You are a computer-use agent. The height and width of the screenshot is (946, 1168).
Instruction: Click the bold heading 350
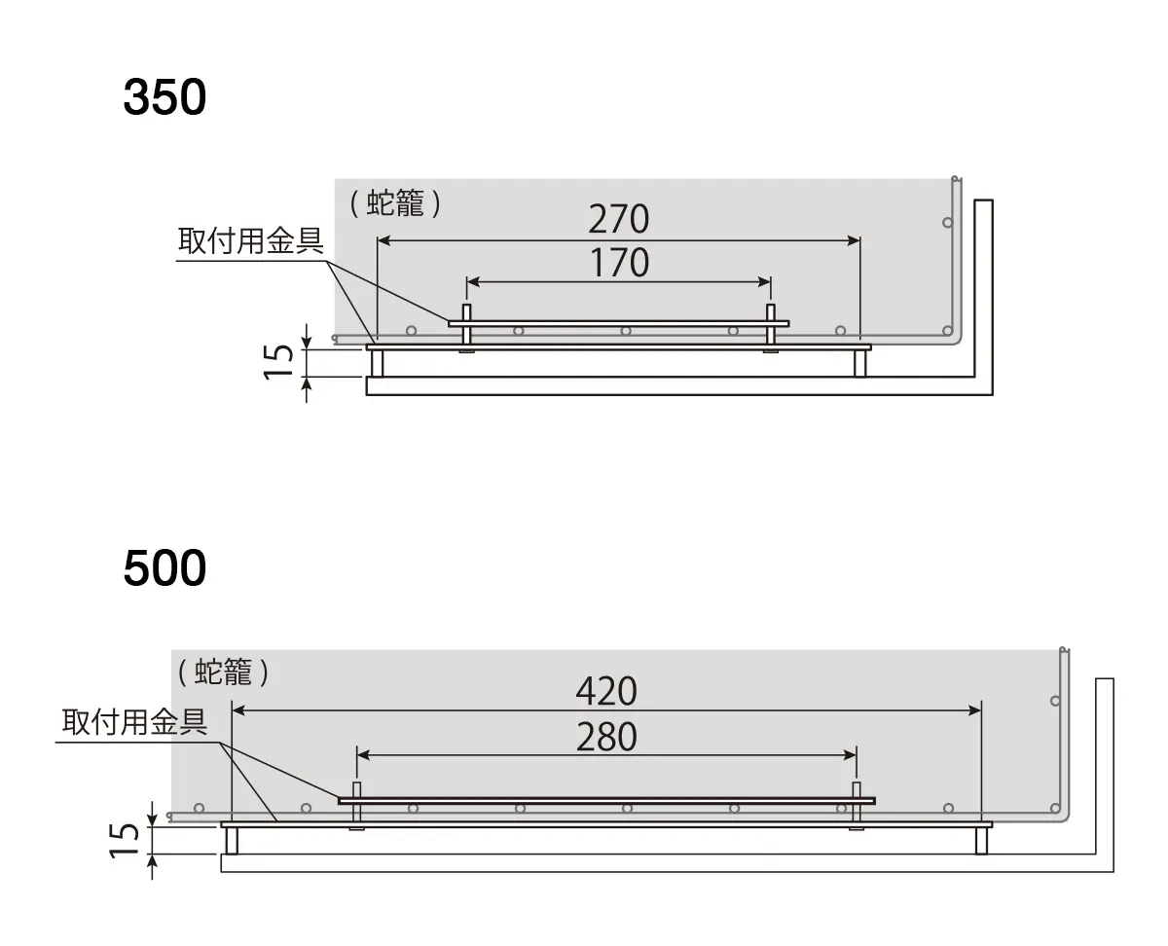point(164,97)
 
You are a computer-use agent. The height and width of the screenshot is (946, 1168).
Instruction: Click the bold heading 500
point(164,567)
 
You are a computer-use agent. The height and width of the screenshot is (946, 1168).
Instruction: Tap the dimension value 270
point(618,219)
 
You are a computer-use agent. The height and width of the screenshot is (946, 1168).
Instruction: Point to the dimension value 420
point(606,691)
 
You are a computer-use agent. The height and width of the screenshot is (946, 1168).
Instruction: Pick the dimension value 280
point(606,737)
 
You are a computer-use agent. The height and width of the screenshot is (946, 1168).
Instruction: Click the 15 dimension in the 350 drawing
point(278,362)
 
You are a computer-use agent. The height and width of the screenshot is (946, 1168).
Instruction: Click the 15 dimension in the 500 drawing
point(124,840)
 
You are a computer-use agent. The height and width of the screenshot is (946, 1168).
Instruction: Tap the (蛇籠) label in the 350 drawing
point(395,203)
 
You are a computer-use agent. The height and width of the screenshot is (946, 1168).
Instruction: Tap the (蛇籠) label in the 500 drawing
point(224,672)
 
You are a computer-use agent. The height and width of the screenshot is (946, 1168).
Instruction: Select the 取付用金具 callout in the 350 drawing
point(250,241)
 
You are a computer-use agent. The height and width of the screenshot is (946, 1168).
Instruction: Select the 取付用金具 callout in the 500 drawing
point(135,722)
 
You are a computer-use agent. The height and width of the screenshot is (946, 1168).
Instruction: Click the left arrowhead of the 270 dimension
point(383,240)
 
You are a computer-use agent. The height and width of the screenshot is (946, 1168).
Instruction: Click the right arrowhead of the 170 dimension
point(764,282)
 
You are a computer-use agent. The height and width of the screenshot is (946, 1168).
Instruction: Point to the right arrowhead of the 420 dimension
point(975,710)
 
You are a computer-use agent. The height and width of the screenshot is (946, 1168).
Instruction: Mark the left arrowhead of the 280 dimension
point(363,755)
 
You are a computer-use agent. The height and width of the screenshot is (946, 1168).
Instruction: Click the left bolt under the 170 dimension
point(466,328)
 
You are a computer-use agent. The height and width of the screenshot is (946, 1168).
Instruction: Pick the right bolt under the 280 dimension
point(857,806)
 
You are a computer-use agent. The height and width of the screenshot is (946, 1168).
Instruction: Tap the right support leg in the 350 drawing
point(859,364)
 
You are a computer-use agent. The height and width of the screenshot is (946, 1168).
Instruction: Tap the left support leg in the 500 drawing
point(232,841)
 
